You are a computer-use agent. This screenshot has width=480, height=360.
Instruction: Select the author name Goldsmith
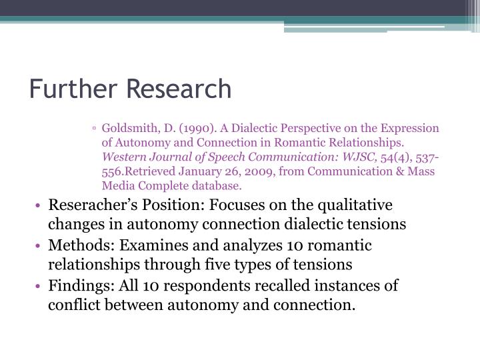pos(126,128)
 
